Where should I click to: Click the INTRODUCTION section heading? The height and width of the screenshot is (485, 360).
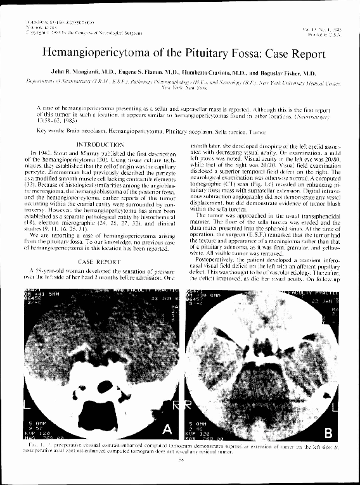(x=100, y=145)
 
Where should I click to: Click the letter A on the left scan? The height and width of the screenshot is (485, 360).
(x=167, y=430)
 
